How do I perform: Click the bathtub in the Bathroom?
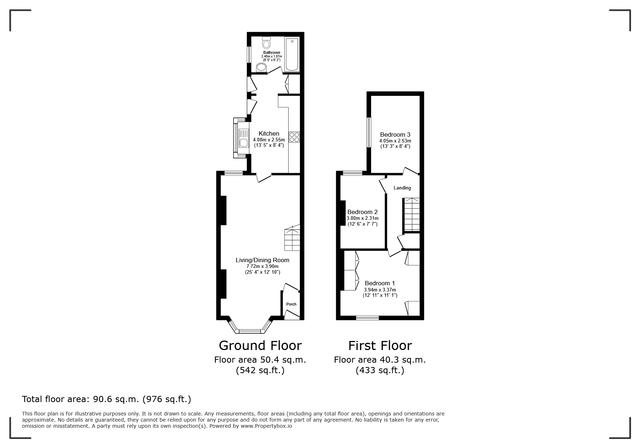pyautogui.click(x=292, y=54)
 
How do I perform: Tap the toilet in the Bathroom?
pyautogui.click(x=266, y=44)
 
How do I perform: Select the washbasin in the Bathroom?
pyautogui.click(x=261, y=67)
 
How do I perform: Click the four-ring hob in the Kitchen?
pyautogui.click(x=294, y=137)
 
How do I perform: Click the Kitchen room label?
pyautogui.click(x=269, y=133)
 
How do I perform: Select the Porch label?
pyautogui.click(x=291, y=304)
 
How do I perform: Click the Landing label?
pyautogui.click(x=402, y=188)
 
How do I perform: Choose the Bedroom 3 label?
pyautogui.click(x=395, y=135)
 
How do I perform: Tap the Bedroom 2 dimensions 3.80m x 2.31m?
pyautogui.click(x=362, y=218)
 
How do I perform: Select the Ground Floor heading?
pyautogui.click(x=260, y=346)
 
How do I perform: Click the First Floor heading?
pyautogui.click(x=380, y=346)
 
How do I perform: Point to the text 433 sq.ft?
pyautogui.click(x=380, y=370)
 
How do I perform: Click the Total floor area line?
pyautogui.click(x=107, y=399)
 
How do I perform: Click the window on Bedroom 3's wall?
pyautogui.click(x=369, y=132)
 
